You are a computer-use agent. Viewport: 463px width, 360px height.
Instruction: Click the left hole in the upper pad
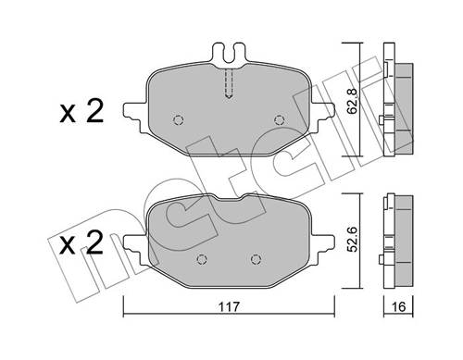point(180,119)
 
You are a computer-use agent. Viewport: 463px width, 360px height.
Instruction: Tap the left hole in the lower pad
point(203,258)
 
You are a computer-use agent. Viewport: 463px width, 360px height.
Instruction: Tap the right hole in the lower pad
point(256,258)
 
